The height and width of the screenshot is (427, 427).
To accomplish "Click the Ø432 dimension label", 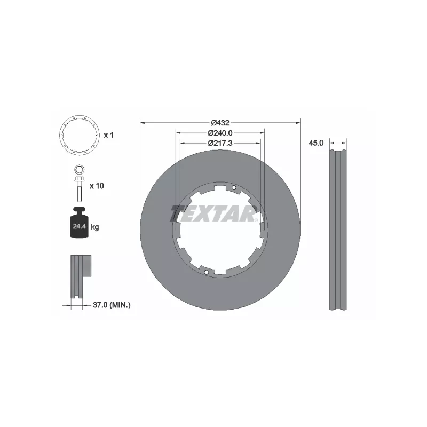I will click(220, 123).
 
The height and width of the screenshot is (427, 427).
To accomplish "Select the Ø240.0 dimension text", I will click(220, 133).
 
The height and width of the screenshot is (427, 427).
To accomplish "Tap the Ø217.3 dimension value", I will click(220, 143).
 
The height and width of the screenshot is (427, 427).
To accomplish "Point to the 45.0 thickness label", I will click(317, 143).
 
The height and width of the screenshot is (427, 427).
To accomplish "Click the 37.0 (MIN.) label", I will click(112, 305).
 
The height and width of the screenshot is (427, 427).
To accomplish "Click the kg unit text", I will click(95, 227).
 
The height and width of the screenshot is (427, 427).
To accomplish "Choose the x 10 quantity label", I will click(96, 186).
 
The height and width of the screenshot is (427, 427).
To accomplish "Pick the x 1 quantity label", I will click(109, 135).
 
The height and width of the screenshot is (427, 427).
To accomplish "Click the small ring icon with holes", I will click(78, 135).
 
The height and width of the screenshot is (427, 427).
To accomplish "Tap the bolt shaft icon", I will click(78, 187).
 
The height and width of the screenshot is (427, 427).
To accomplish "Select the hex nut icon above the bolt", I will click(78, 171).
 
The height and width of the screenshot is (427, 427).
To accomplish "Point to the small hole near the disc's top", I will click(234, 187).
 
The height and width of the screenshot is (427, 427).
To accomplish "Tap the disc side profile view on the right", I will click(337, 230).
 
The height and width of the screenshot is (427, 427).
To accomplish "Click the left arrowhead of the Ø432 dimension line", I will click(143, 123).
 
